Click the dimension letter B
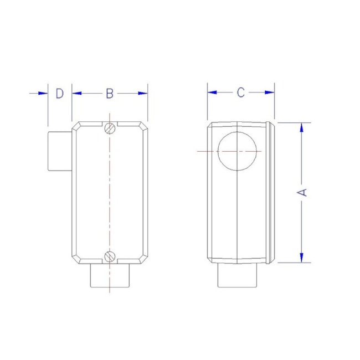[110, 94]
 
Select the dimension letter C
[240, 93]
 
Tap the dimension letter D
[60, 94]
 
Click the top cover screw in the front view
[110, 128]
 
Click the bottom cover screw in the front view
[110, 256]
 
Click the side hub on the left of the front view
[59, 151]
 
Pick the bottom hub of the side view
[238, 276]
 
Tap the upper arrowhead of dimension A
[302, 128]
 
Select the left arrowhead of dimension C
[213, 93]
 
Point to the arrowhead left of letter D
[43, 94]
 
